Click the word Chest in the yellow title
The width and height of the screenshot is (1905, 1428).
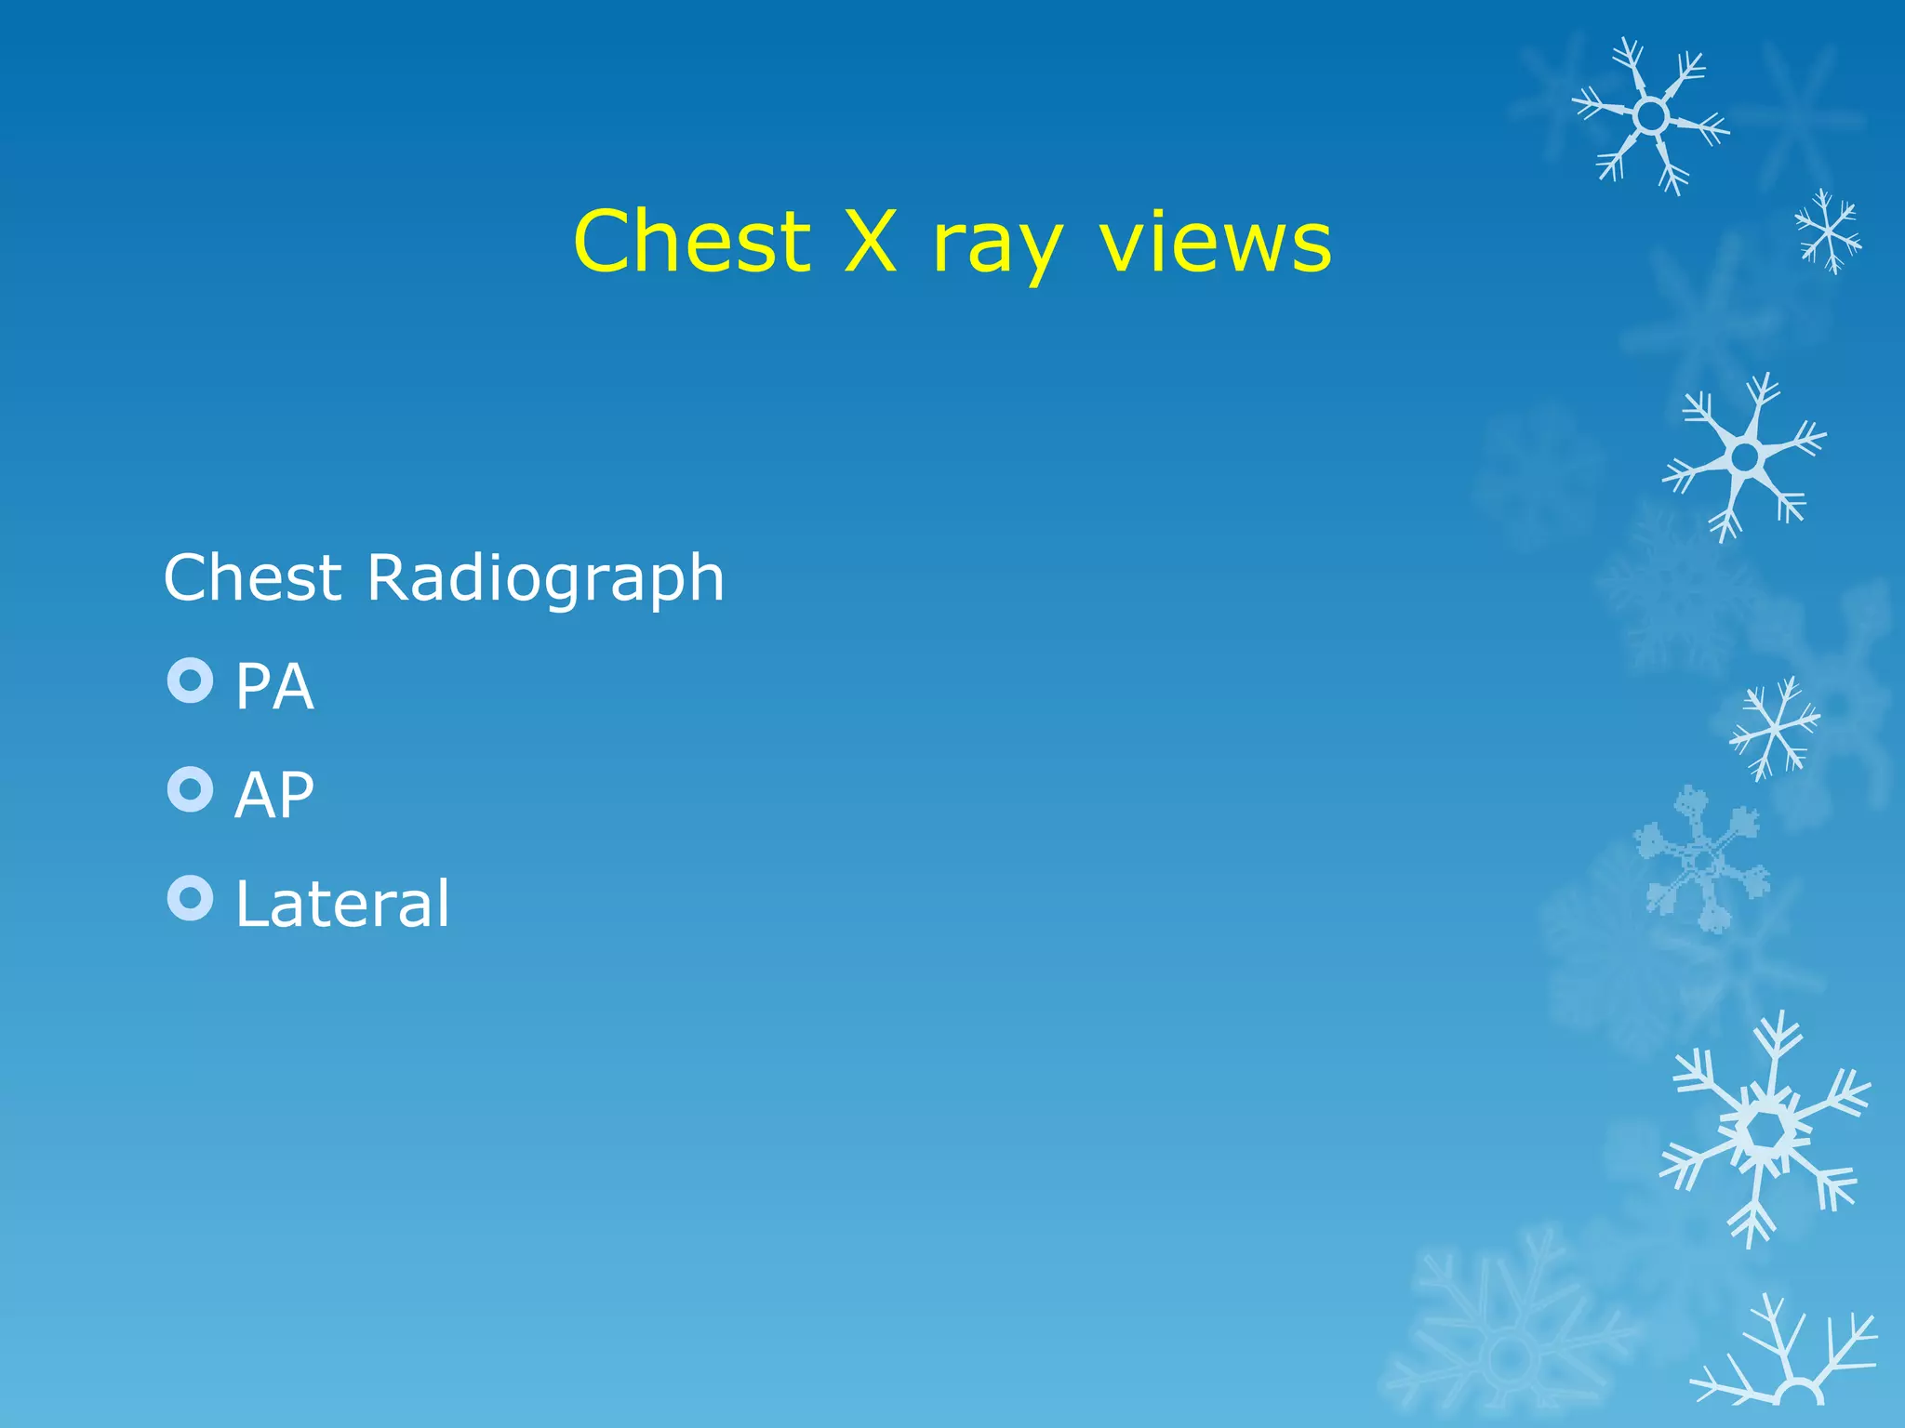[692, 241]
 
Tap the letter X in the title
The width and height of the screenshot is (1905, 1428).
[871, 241]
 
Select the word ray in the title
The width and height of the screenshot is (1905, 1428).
[996, 246]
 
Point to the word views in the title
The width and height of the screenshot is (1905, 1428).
[1215, 241]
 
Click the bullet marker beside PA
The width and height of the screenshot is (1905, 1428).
[191, 681]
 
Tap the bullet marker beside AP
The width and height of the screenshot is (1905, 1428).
[191, 789]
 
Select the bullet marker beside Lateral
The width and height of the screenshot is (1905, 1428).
[191, 898]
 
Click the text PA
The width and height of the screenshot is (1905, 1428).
[274, 687]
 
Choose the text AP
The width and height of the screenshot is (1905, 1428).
[274, 796]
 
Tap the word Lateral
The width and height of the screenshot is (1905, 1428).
[342, 904]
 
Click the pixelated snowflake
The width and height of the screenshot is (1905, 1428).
[1702, 860]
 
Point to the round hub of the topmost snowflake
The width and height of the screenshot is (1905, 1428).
[1651, 116]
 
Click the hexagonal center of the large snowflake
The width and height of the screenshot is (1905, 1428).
[1763, 1130]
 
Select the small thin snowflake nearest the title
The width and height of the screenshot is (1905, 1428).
[1828, 231]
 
